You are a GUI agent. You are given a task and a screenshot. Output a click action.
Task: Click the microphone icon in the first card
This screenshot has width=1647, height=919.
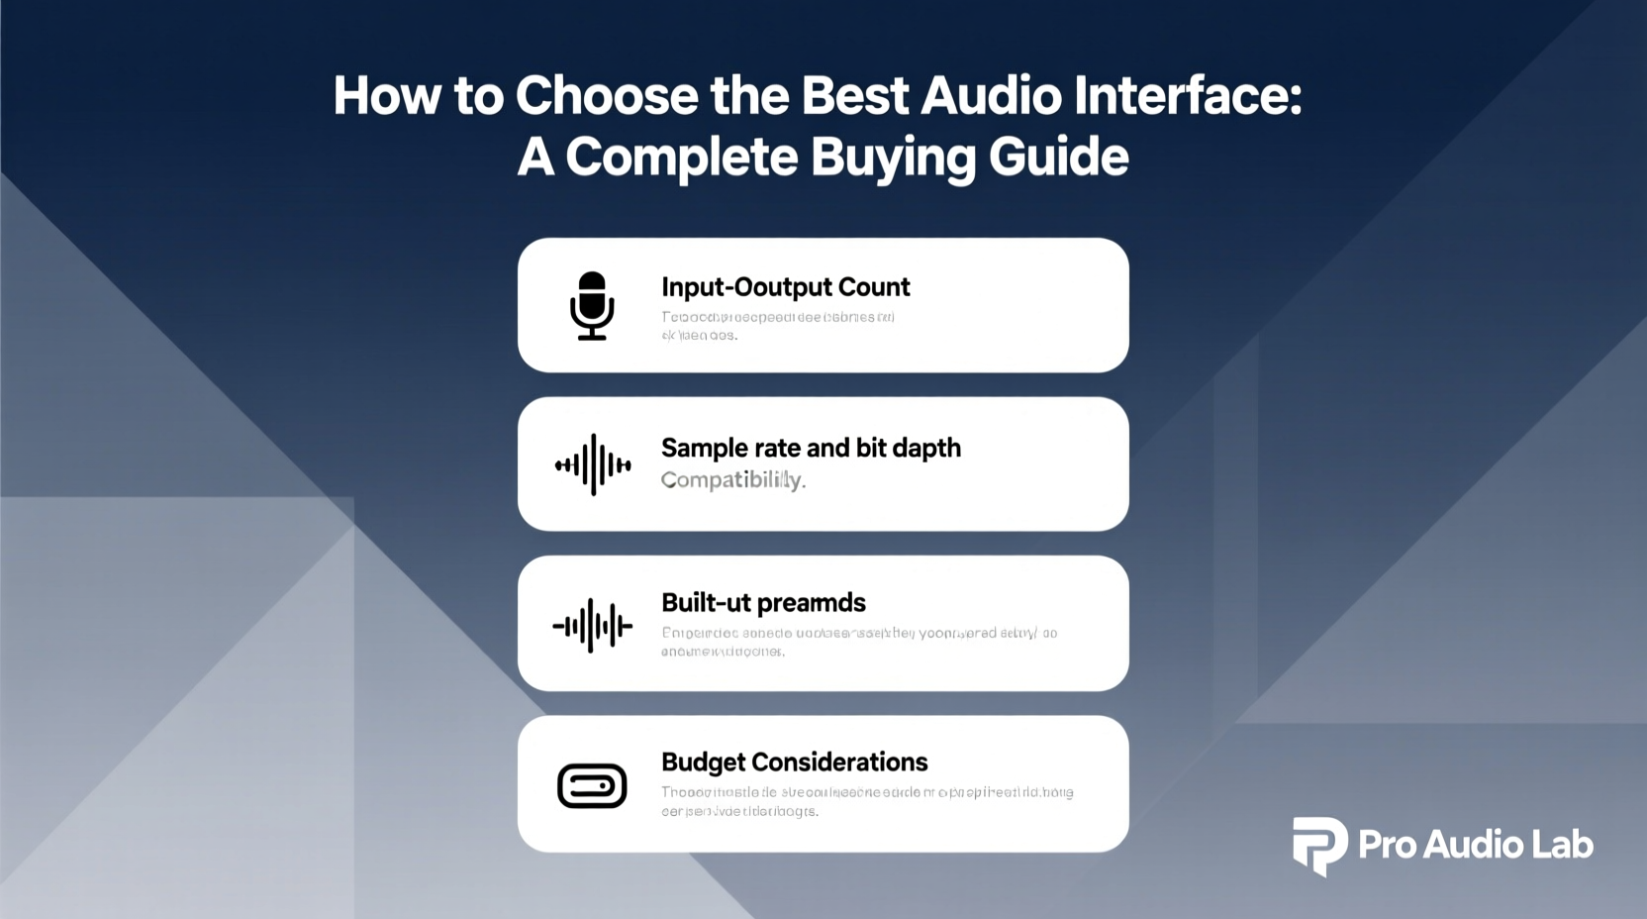coord(592,305)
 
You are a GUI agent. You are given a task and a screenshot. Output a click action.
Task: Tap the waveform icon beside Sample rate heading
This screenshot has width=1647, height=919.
coord(593,463)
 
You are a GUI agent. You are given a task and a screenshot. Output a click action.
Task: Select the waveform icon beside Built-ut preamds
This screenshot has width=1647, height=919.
coord(592,625)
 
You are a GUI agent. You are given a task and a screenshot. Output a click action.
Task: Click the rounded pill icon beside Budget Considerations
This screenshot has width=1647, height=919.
coord(592,786)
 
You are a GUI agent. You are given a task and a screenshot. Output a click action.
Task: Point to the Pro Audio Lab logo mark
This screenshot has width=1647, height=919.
coord(1319,845)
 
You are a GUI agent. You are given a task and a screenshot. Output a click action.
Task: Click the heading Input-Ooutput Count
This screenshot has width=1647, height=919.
coord(785,287)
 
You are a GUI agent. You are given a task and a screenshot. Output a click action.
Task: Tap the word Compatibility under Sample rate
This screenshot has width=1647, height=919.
coord(732,480)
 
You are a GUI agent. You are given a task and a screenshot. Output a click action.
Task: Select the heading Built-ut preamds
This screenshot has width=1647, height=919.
coord(763,603)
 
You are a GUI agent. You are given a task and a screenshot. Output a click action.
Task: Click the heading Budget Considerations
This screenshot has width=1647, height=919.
coord(794,763)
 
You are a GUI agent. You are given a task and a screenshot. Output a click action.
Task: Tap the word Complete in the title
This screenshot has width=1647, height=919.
coord(681,156)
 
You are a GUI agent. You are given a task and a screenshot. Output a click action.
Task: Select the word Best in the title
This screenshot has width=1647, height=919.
coord(855,96)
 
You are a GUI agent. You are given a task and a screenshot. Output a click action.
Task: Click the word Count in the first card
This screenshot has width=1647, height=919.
coord(874,287)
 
